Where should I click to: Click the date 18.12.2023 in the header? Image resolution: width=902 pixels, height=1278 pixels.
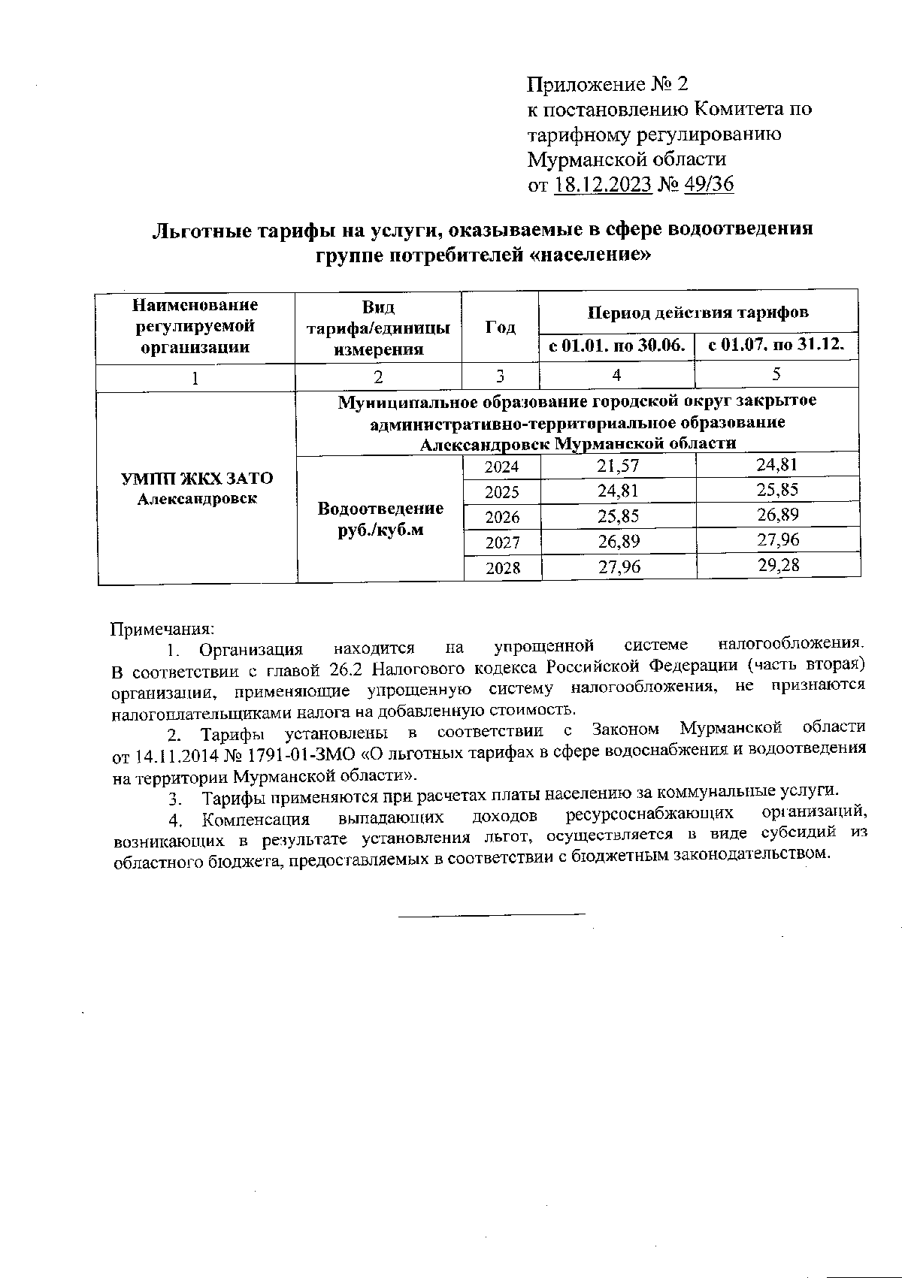pyautogui.click(x=602, y=185)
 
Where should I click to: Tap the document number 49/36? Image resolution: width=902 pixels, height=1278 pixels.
pyautogui.click(x=709, y=185)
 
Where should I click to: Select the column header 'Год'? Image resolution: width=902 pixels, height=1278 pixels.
pyautogui.click(x=500, y=327)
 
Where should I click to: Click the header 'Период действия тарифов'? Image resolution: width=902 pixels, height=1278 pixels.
pyautogui.click(x=698, y=311)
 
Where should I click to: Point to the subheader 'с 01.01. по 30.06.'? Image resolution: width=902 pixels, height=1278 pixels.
pyautogui.click(x=616, y=346)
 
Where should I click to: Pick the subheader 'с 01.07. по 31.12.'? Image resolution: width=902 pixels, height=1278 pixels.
pyautogui.click(x=777, y=346)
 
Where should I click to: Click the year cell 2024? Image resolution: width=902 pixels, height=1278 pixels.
pyautogui.click(x=501, y=467)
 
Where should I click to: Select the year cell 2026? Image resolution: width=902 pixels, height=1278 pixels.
pyautogui.click(x=501, y=517)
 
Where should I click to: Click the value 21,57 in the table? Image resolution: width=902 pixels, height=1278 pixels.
pyautogui.click(x=618, y=466)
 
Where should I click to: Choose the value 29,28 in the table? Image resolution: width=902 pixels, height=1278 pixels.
pyautogui.click(x=778, y=565)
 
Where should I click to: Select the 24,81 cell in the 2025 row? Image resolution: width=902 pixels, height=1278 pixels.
pyautogui.click(x=618, y=491)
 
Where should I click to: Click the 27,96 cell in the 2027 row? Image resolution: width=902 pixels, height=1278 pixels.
pyautogui.click(x=778, y=539)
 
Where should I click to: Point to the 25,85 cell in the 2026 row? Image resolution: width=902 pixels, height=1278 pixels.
pyautogui.click(x=618, y=517)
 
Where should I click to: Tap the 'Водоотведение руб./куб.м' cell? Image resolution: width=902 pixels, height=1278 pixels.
pyautogui.click(x=380, y=518)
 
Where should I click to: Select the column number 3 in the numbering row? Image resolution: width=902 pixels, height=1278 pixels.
pyautogui.click(x=500, y=376)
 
